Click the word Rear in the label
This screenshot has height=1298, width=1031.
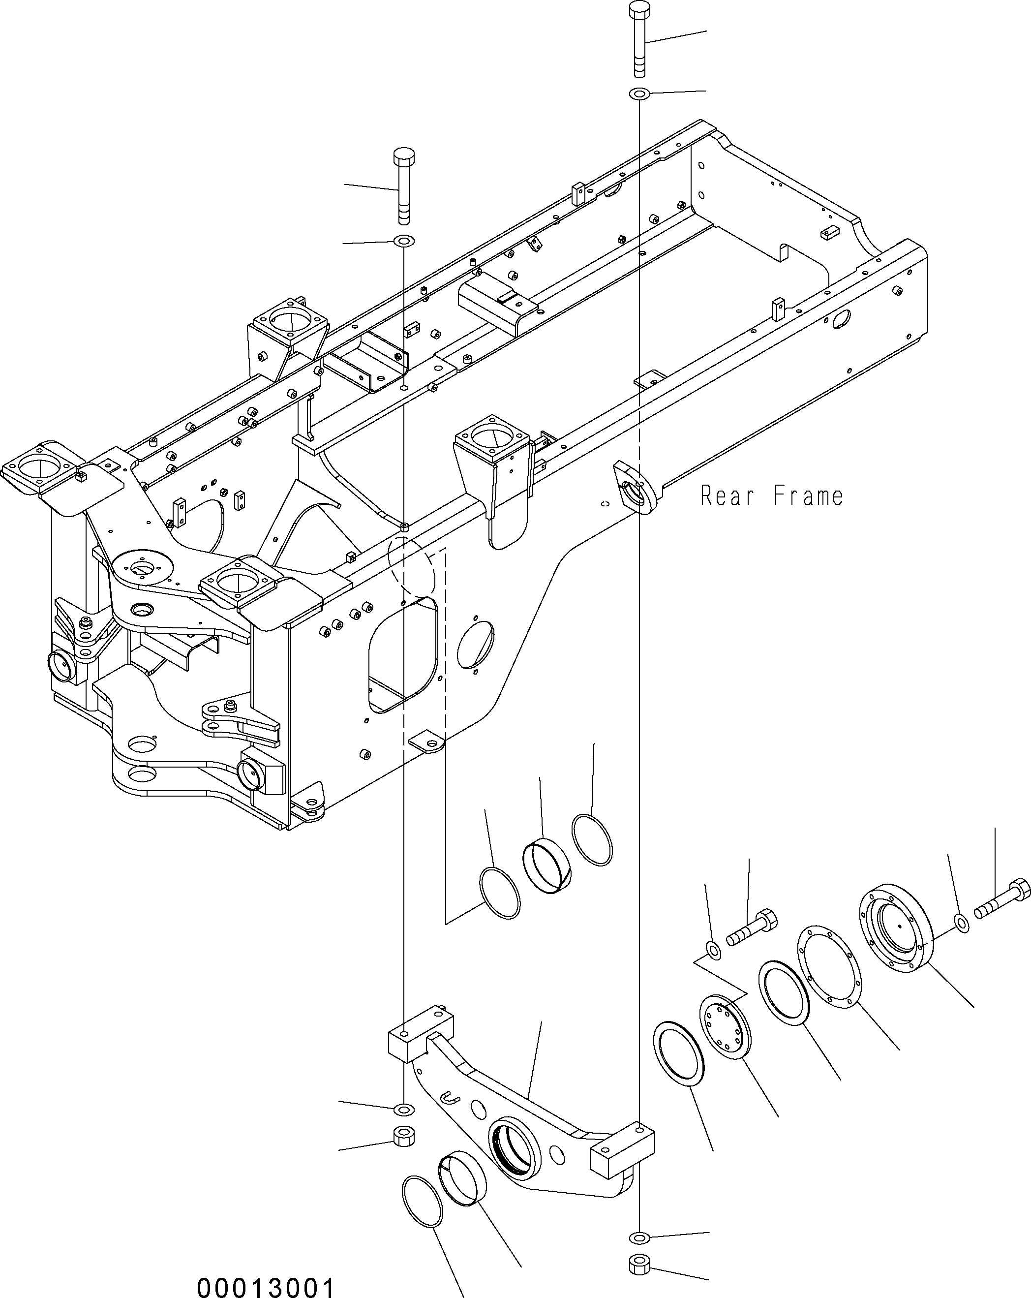point(727,496)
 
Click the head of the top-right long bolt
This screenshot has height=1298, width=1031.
point(638,10)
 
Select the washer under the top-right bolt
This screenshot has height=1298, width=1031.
point(638,94)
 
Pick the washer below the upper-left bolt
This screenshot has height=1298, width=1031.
point(403,242)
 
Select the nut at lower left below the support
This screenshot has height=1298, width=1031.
point(403,1137)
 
